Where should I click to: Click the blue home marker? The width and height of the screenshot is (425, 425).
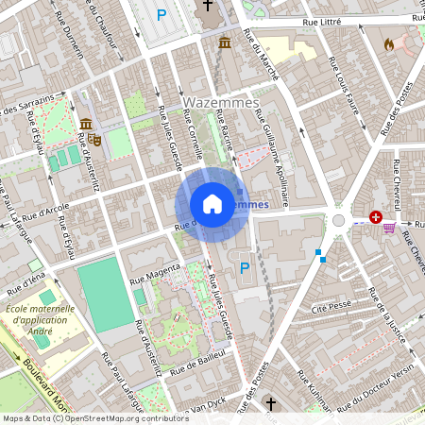point(212,204)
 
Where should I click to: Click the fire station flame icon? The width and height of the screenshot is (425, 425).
point(388,43)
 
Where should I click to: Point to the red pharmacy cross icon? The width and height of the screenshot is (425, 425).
point(377,217)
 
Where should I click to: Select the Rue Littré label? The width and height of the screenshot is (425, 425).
point(327,21)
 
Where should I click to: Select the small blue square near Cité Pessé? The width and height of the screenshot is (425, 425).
point(321,258)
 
